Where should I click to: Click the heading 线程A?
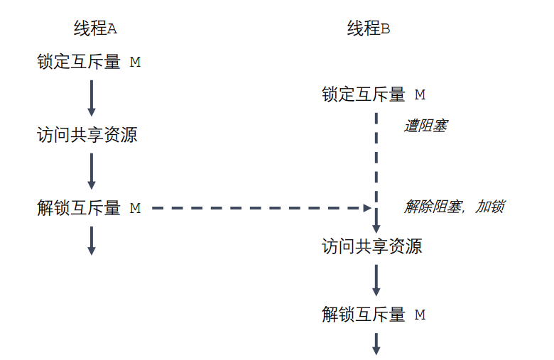(94, 29)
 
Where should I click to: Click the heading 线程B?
(369, 29)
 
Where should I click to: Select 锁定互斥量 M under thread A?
(89, 62)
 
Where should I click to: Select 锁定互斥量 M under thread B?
(374, 95)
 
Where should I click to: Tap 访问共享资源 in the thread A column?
(87, 135)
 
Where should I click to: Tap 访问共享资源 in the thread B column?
(372, 247)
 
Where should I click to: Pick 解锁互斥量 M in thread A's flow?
(89, 208)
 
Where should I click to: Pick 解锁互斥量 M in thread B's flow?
(374, 315)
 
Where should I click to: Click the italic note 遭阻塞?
(425, 126)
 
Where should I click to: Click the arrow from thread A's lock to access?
(92, 98)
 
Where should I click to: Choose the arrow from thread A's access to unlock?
(92, 170)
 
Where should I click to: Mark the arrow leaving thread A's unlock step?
(92, 240)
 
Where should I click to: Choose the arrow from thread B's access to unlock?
(376, 280)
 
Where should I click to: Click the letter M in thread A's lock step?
(135, 62)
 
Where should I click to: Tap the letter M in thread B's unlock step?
(420, 315)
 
